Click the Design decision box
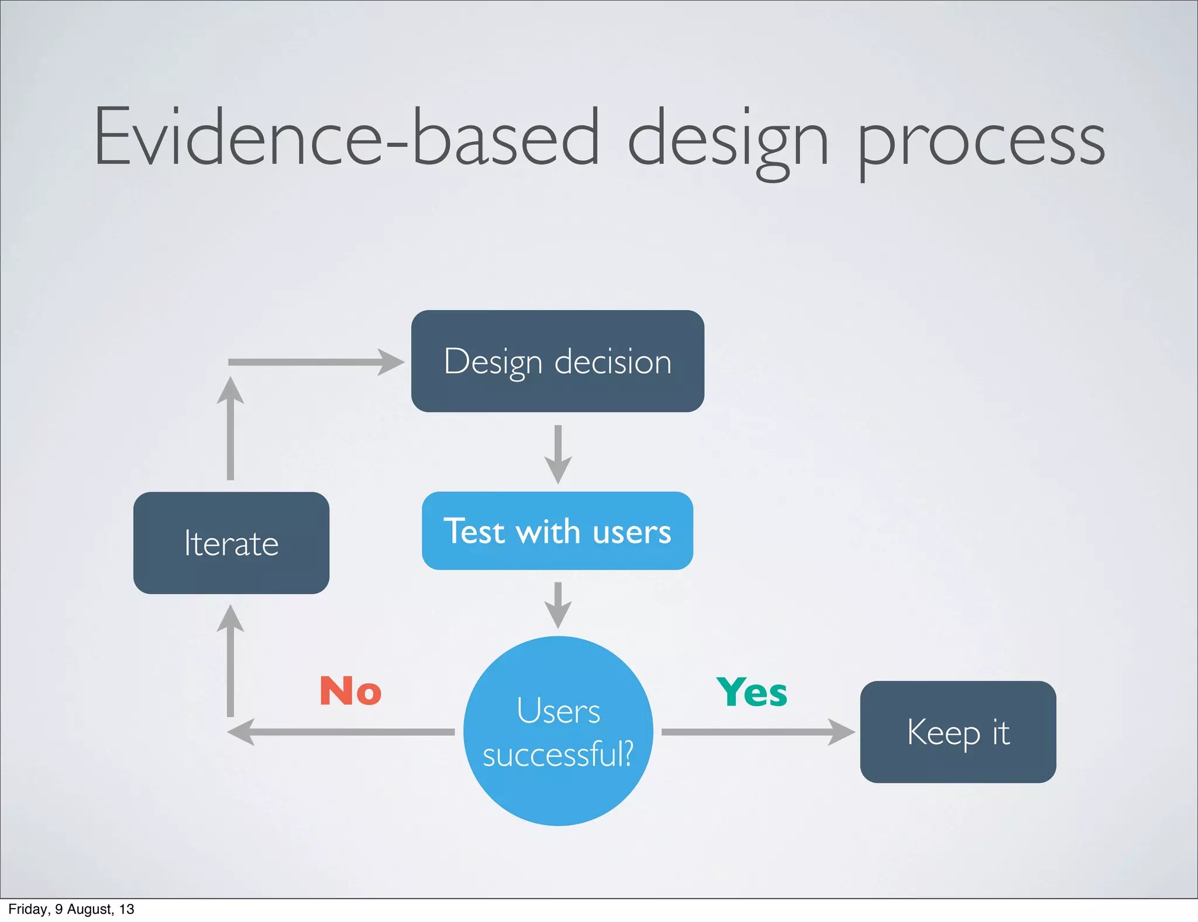[557, 361]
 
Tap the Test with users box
[557, 531]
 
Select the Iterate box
[231, 543]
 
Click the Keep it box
[958, 731]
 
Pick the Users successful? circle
[558, 731]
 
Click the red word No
[350, 691]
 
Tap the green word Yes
[752, 692]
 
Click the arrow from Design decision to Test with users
[558, 453]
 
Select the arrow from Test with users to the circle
[558, 606]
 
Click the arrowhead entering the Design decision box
[390, 362]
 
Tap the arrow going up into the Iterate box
[230, 661]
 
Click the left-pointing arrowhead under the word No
[241, 732]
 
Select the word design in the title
[728, 140]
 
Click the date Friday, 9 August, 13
[71, 909]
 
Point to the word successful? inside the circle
[558, 754]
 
